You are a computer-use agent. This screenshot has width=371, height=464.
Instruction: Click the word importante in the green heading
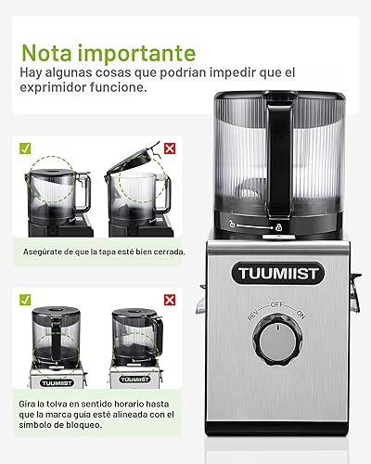click(x=140, y=52)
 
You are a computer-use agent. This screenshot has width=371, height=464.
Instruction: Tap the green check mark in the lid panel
click(x=25, y=147)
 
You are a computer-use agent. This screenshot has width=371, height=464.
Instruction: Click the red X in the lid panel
click(x=170, y=147)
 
